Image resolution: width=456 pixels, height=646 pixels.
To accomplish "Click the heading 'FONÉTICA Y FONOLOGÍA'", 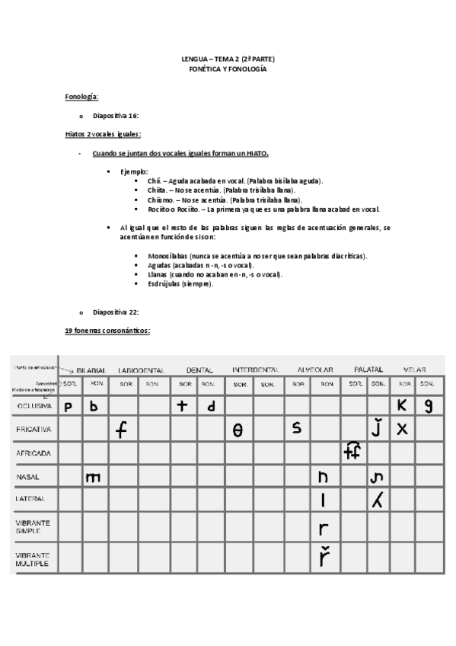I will tap(228, 69).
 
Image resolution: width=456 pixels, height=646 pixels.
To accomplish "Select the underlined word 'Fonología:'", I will tap(81, 98).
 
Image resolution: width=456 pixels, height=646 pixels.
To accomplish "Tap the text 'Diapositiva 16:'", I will tap(115, 116).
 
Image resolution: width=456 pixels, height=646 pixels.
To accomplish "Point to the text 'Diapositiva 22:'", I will tap(115, 312).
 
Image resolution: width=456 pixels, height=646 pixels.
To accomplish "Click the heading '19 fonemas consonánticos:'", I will tap(107, 331).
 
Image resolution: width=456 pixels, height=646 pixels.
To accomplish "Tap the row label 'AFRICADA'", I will tap(33, 453).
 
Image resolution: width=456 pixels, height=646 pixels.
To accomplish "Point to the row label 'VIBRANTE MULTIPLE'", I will tap(33, 560).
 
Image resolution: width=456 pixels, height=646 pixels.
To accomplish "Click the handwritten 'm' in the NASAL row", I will tap(94, 478).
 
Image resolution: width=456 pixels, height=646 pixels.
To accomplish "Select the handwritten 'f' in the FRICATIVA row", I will tap(121, 430).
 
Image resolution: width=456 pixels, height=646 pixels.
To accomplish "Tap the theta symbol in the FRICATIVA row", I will tap(238, 431).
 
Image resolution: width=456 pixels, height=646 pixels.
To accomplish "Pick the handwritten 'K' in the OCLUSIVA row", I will tap(402, 406).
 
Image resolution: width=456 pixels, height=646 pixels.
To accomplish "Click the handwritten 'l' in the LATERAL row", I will tap(324, 500).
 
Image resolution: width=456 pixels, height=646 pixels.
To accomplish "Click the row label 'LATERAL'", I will tap(32, 499).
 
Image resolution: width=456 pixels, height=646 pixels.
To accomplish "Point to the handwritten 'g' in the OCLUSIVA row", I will tap(429, 407).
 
